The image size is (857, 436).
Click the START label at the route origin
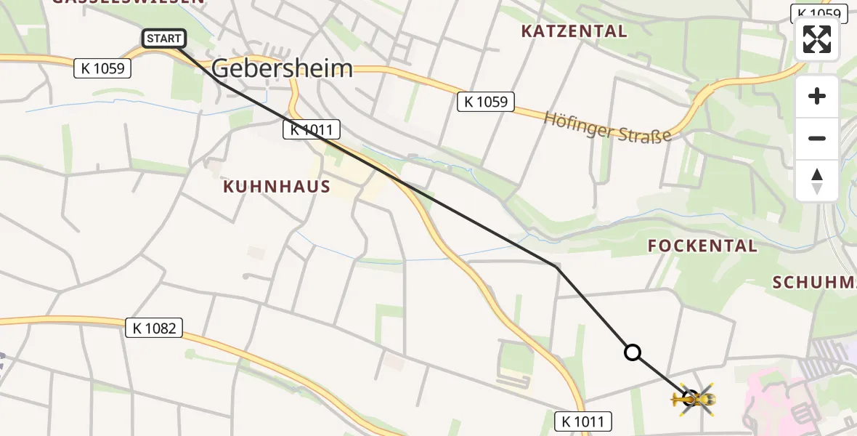click(x=165, y=39)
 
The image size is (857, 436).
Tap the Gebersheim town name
click(x=283, y=69)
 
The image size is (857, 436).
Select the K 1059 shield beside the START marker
click(x=102, y=69)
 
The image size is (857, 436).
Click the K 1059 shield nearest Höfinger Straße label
click(x=486, y=102)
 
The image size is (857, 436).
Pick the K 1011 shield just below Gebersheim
click(x=311, y=130)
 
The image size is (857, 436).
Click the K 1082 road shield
click(x=155, y=328)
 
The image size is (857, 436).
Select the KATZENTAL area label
click(x=574, y=31)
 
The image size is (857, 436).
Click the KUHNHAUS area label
click(x=277, y=187)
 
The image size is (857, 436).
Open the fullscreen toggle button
click(x=817, y=39)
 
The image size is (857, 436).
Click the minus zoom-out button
click(x=817, y=139)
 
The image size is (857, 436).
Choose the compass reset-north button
click(x=817, y=181)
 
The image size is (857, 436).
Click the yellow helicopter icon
click(x=694, y=399)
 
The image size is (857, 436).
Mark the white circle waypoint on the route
click(x=633, y=352)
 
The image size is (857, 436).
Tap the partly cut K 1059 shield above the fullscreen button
click(x=819, y=13)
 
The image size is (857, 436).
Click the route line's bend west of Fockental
click(x=556, y=267)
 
